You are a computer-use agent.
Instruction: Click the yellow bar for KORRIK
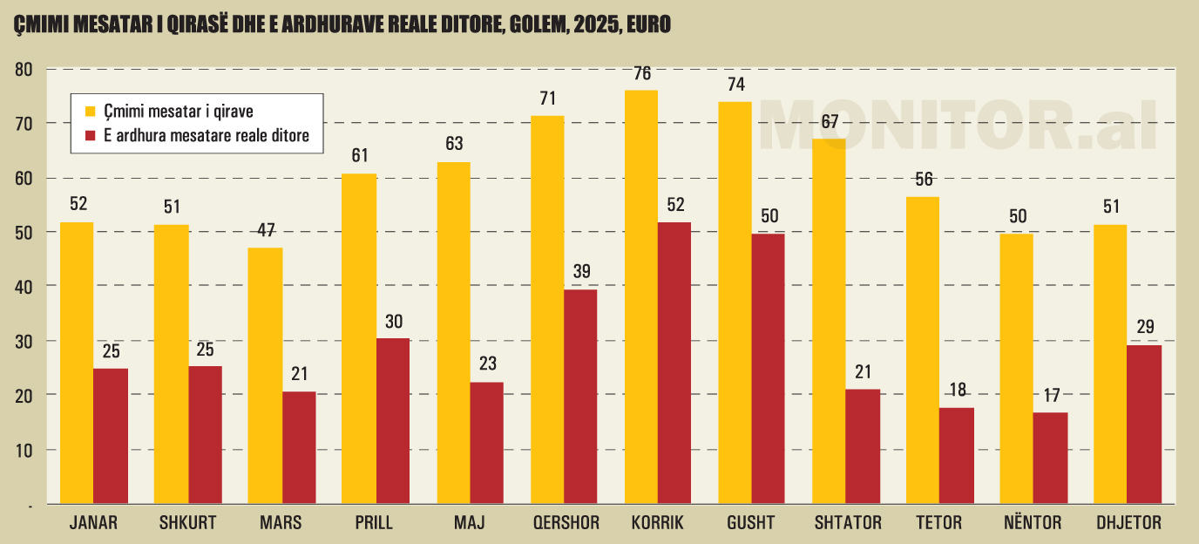641,296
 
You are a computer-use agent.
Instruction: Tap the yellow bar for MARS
266,376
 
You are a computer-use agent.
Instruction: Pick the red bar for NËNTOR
1050,458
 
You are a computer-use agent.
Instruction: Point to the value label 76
642,74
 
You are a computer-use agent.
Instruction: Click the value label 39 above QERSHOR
581,272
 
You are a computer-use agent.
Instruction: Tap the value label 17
1051,395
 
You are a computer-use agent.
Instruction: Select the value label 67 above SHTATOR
829,121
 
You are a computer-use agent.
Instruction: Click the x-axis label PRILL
375,524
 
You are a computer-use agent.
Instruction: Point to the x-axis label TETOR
939,524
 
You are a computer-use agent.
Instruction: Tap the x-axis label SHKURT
188,524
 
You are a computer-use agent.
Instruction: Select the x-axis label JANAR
93,524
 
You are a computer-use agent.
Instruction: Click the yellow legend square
89,111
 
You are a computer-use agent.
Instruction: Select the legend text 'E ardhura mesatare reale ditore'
207,136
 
